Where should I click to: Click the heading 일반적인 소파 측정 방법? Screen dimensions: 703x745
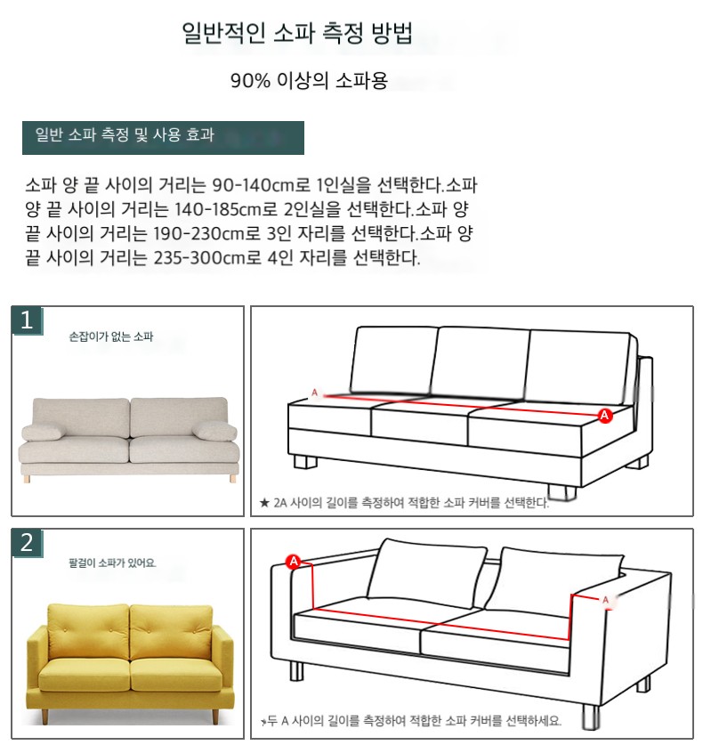(x=297, y=32)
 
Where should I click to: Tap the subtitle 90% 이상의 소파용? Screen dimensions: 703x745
(x=309, y=80)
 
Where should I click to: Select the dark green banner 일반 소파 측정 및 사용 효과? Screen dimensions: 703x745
(x=163, y=137)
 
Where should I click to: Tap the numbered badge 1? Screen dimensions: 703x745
(x=27, y=320)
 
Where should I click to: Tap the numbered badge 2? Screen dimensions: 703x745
(x=27, y=543)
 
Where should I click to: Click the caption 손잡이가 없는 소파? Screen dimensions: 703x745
(x=111, y=336)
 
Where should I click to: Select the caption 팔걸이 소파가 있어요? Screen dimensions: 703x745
(x=113, y=563)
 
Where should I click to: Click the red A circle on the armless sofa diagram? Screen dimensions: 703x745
(x=604, y=416)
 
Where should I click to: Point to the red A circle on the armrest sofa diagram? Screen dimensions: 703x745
(x=294, y=561)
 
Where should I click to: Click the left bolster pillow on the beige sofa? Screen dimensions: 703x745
(x=42, y=433)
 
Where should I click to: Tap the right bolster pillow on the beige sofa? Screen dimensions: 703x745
(x=214, y=431)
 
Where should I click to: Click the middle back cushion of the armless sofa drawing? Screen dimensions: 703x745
(x=480, y=363)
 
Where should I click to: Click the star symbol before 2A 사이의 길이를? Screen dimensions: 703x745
(x=264, y=502)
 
